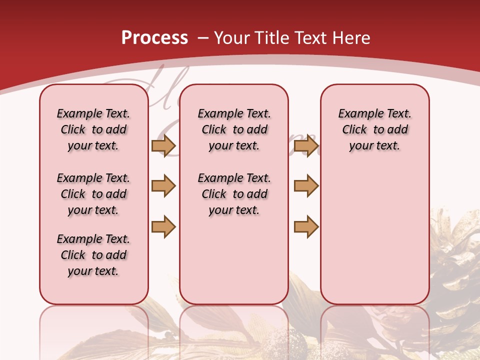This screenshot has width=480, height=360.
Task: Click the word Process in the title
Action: (154, 38)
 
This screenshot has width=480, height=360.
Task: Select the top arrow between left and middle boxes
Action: (163, 145)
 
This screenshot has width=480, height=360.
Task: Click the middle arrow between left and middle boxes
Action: (163, 186)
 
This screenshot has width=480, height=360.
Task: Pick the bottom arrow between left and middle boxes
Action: (163, 226)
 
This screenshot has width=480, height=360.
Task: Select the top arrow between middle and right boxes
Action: (306, 145)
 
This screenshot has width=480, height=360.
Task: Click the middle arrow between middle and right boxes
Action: (306, 186)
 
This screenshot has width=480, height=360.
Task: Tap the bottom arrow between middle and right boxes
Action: (306, 226)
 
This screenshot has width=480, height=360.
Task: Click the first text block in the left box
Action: (93, 129)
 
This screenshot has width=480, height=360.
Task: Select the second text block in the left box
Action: (93, 194)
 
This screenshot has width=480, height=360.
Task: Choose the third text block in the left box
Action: (93, 255)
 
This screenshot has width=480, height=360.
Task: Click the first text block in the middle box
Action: (234, 129)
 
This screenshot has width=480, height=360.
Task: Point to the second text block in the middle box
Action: (234, 194)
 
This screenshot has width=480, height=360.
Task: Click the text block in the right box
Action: (374, 129)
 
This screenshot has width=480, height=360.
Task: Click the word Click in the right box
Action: (354, 130)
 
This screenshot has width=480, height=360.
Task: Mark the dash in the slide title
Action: (203, 38)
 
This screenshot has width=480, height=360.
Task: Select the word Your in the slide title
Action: (232, 38)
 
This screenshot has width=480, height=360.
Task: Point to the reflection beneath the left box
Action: (94, 330)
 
